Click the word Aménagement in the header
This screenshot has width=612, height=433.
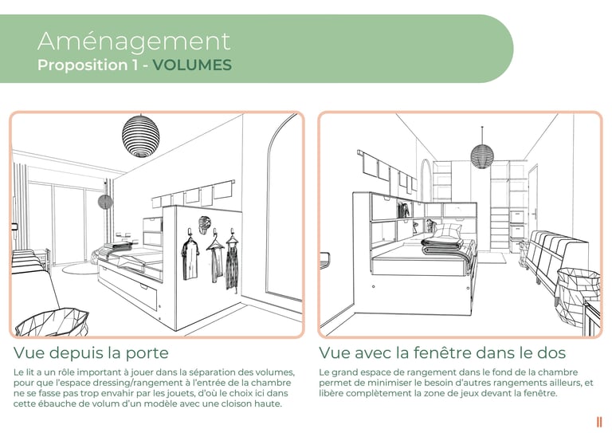(134, 41)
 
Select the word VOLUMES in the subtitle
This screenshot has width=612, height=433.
(192, 65)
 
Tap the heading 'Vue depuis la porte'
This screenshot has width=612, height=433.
(91, 352)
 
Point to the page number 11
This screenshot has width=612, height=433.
(599, 422)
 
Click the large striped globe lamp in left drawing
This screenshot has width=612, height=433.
(140, 135)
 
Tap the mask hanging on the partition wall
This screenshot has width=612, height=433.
(205, 225)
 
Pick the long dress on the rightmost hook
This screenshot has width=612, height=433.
(232, 264)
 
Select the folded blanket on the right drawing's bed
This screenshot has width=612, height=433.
(443, 248)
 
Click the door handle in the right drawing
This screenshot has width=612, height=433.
(535, 214)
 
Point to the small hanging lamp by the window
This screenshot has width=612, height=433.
(104, 203)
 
